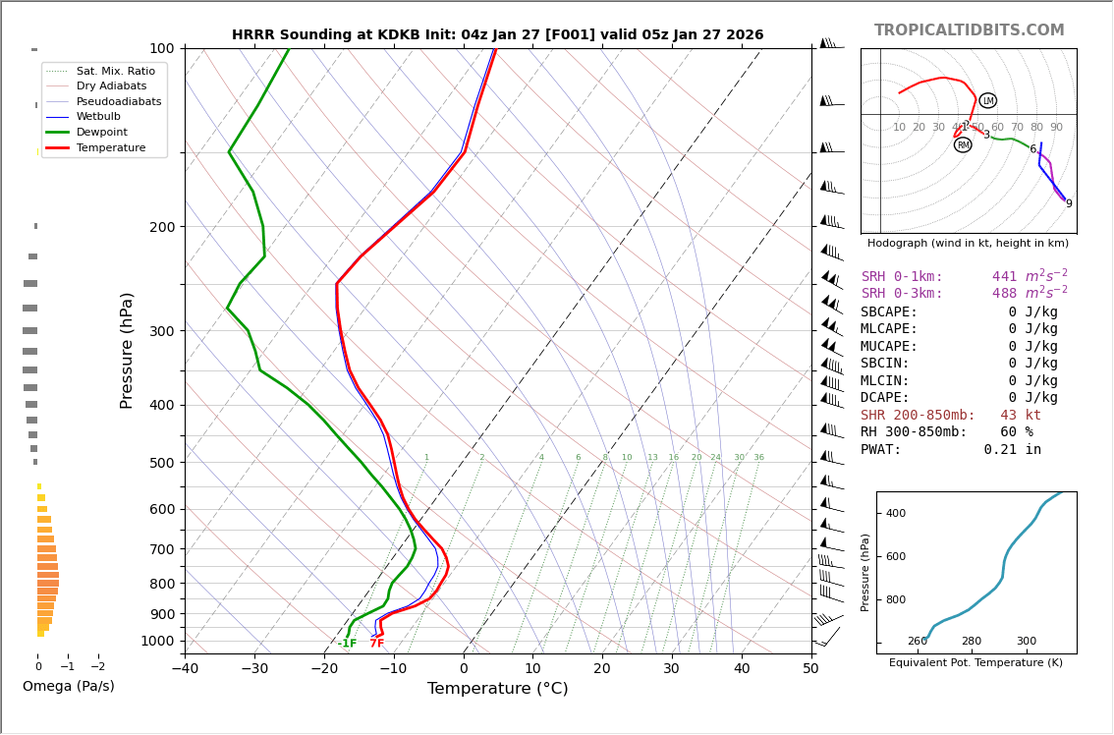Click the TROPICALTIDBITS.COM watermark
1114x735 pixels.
969,30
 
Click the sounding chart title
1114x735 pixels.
497,35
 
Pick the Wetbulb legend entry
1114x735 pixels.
97,117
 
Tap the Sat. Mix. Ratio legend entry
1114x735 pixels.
115,72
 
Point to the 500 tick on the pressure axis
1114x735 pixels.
162,463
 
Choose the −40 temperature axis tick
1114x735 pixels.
185,669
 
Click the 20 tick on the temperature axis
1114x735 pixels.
602,669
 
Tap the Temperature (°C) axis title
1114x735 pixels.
497,689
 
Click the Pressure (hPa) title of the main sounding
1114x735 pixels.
127,350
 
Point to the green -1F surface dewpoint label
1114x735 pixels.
348,644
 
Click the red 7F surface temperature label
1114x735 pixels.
377,644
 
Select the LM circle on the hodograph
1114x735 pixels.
987,100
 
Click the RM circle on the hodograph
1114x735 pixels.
963,144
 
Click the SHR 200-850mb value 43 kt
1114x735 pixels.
1020,416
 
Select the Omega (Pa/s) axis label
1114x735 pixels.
69,687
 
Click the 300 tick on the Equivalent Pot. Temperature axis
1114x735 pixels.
1026,642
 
